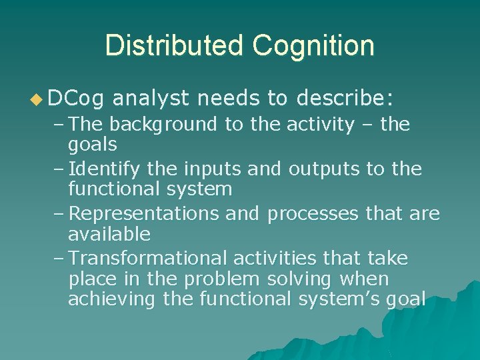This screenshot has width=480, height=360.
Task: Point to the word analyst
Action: (x=151, y=99)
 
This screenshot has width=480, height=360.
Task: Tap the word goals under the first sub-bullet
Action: (x=93, y=144)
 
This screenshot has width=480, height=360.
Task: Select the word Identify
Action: (x=109, y=169)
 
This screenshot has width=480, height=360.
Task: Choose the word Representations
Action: (x=143, y=214)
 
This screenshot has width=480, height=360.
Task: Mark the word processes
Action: (x=315, y=214)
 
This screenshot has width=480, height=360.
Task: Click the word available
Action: (x=109, y=234)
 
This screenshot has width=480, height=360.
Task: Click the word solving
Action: (x=303, y=279)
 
